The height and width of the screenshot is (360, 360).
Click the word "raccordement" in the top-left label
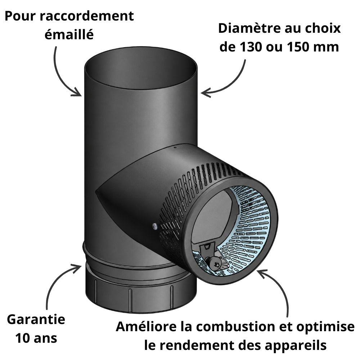tap(86, 16)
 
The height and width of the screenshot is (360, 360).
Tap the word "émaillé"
tap(69, 35)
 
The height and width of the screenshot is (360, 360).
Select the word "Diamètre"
tap(248, 28)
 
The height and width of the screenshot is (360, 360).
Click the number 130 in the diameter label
tap(251, 47)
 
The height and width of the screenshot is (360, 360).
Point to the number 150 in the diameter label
tap(299, 47)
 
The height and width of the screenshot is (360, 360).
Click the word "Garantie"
tap(36, 319)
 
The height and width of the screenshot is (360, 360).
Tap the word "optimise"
tap(325, 327)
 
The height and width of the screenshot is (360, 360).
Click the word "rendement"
tap(197, 346)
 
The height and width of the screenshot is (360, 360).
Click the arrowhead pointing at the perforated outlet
tap(262, 274)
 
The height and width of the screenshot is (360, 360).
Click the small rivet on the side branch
tap(154, 226)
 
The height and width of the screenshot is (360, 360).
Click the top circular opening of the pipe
tap(140, 68)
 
